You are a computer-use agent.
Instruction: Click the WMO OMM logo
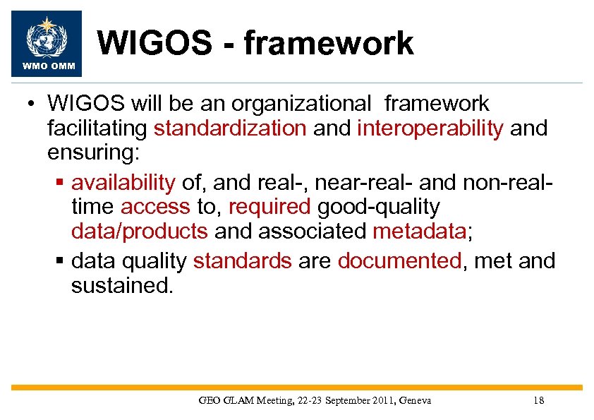(x=47, y=43)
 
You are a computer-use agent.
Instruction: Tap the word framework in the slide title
(x=329, y=42)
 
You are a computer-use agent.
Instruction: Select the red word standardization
(x=230, y=128)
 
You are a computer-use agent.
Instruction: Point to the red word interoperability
(x=430, y=128)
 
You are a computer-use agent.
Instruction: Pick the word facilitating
(x=97, y=128)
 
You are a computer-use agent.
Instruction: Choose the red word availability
(x=123, y=183)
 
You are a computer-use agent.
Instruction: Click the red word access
(x=155, y=207)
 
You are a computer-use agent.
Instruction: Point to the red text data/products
(x=140, y=232)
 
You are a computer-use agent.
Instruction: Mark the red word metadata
(x=418, y=232)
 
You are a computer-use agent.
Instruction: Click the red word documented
(x=399, y=261)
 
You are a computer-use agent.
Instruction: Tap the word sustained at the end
(x=121, y=286)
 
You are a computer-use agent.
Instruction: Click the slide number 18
(x=539, y=400)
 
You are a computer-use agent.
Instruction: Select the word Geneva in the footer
(x=415, y=400)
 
